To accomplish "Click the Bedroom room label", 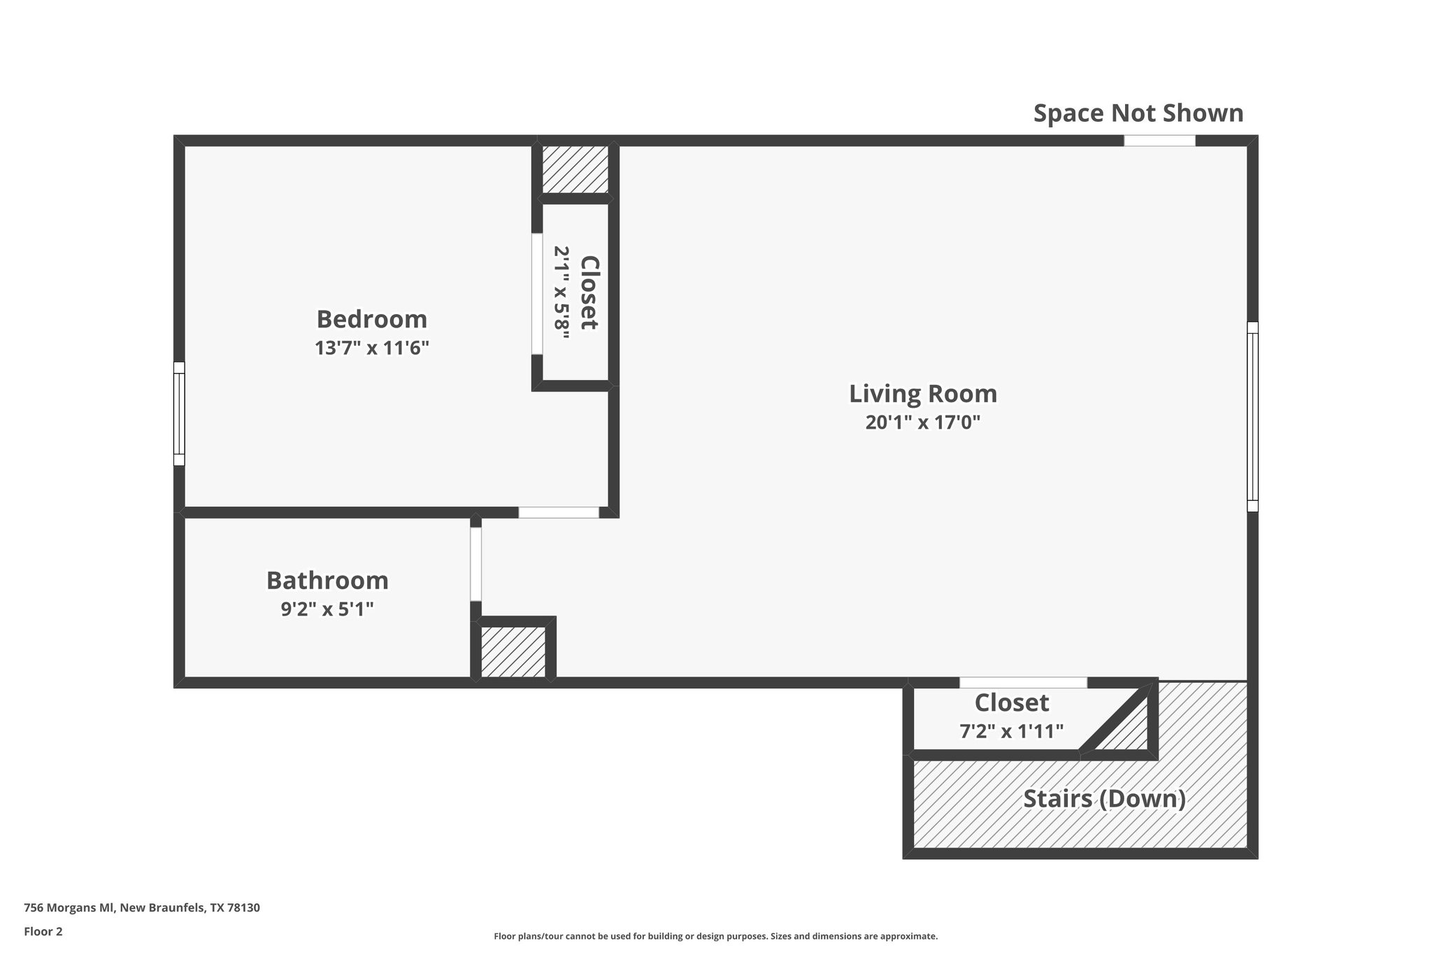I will (371, 319).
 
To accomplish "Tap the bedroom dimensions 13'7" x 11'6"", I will (371, 348).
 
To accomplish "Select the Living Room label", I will (923, 394).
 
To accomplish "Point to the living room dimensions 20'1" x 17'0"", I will (923, 423).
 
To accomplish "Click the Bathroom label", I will (327, 581).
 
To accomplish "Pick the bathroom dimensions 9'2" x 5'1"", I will (327, 609).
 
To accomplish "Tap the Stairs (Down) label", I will (1104, 798).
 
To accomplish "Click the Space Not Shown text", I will (1138, 113).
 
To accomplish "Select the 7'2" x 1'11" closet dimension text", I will (1011, 731).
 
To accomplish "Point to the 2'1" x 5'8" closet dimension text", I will (562, 292).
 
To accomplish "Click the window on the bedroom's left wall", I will (180, 413).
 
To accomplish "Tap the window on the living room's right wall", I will (1252, 416).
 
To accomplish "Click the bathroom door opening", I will (475, 564).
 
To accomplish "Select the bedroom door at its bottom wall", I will (559, 512).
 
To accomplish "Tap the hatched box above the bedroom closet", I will (575, 169).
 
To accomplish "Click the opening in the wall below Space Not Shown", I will (1159, 141).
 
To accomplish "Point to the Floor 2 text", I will (43, 931).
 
